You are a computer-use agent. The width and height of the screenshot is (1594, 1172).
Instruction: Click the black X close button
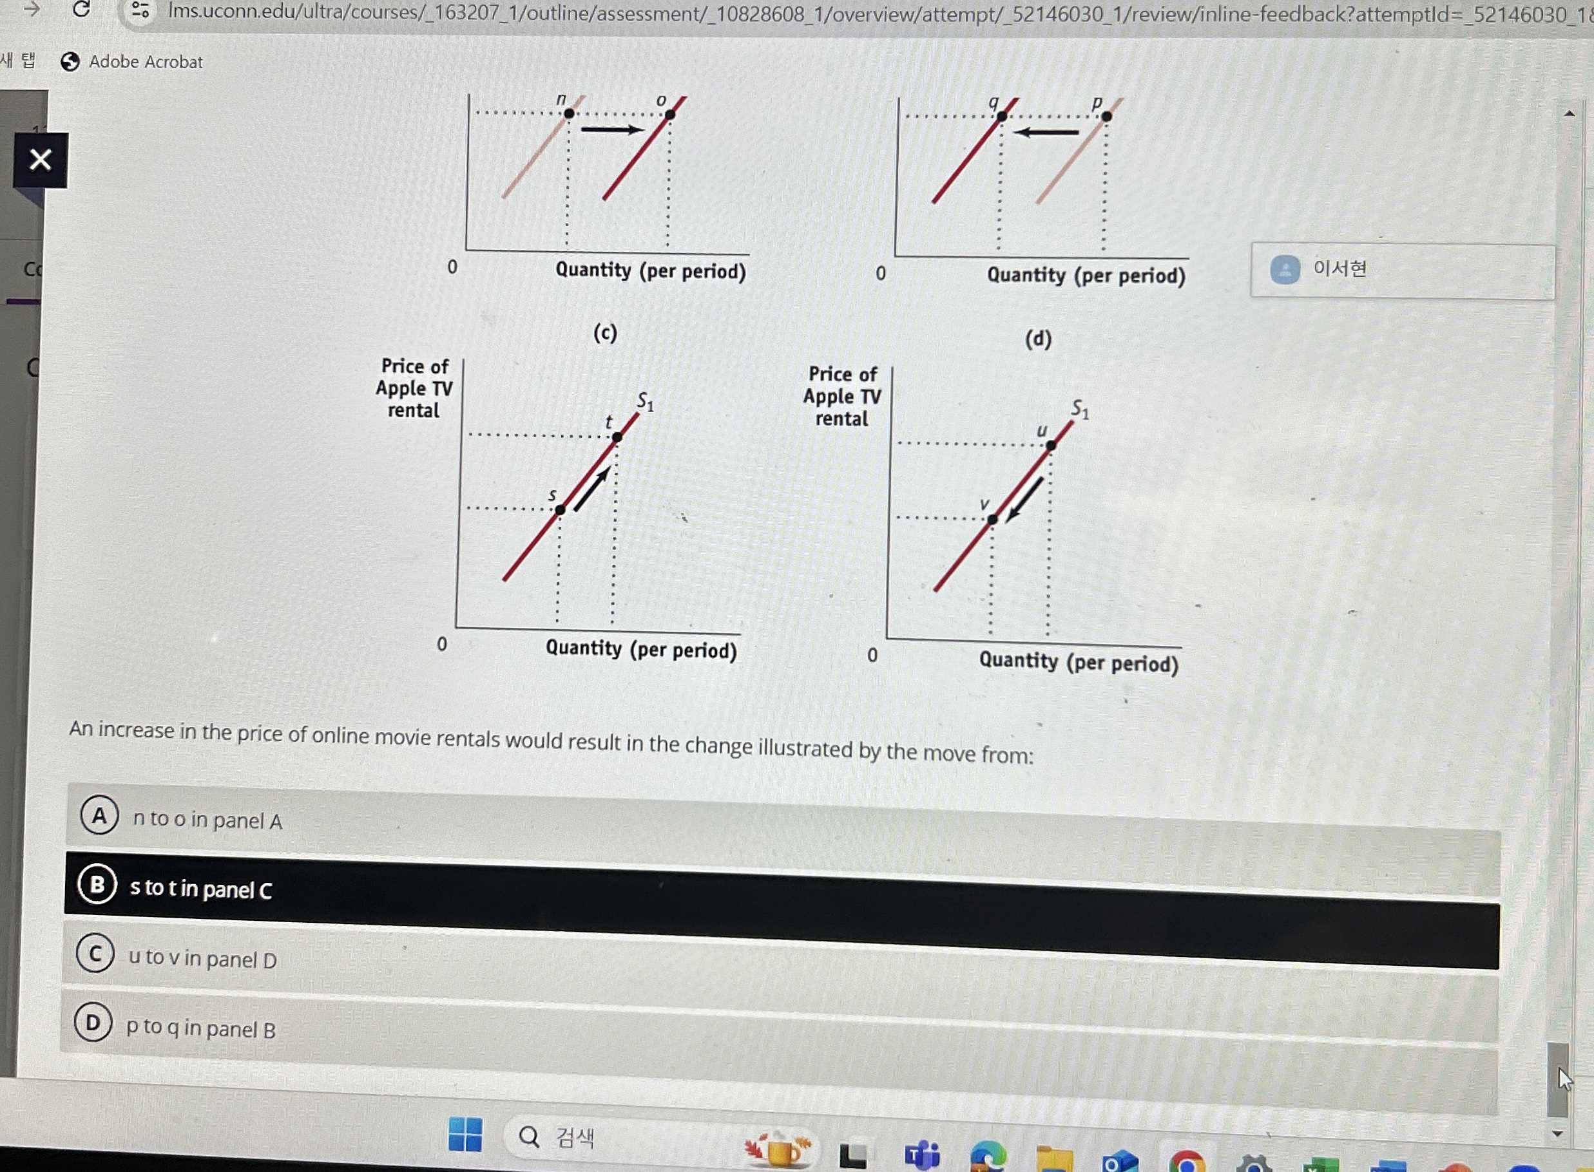[41, 160]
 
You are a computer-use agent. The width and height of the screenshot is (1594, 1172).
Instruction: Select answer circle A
[99, 815]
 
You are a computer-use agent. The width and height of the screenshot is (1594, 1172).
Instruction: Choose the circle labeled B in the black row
[97, 885]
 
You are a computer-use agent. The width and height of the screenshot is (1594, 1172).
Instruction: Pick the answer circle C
[95, 954]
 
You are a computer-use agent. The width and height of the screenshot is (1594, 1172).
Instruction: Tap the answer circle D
[93, 1023]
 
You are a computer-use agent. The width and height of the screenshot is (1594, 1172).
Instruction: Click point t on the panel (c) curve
[617, 437]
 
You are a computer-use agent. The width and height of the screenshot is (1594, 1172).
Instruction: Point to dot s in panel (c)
[560, 509]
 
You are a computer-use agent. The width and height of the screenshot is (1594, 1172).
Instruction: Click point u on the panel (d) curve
[1051, 446]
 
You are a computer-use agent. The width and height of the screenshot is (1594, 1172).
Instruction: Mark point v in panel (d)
[992, 519]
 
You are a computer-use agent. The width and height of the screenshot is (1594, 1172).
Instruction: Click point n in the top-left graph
[569, 113]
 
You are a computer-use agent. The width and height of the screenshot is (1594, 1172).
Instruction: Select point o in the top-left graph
[670, 114]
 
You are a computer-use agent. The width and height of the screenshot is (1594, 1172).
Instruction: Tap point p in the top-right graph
[1106, 117]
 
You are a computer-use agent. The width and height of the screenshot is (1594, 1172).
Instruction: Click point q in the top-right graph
[1001, 117]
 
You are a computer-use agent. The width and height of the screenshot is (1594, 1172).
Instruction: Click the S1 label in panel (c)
[645, 402]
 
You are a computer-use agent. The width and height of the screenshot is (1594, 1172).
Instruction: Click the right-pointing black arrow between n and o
[612, 129]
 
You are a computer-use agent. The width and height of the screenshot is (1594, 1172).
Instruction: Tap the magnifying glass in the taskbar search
[529, 1137]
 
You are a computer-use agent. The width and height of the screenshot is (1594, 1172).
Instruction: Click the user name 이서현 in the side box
[1340, 269]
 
